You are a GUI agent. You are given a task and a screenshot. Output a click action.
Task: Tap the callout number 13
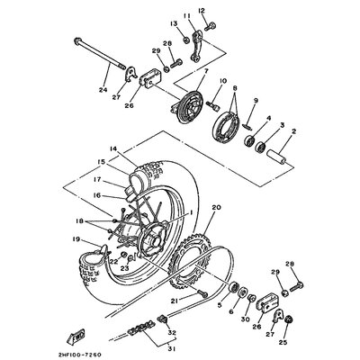click(174, 22)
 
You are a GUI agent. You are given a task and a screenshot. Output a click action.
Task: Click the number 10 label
click(220, 81)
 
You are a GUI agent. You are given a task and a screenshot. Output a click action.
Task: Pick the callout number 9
click(255, 99)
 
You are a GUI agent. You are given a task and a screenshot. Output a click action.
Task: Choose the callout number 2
click(292, 130)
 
